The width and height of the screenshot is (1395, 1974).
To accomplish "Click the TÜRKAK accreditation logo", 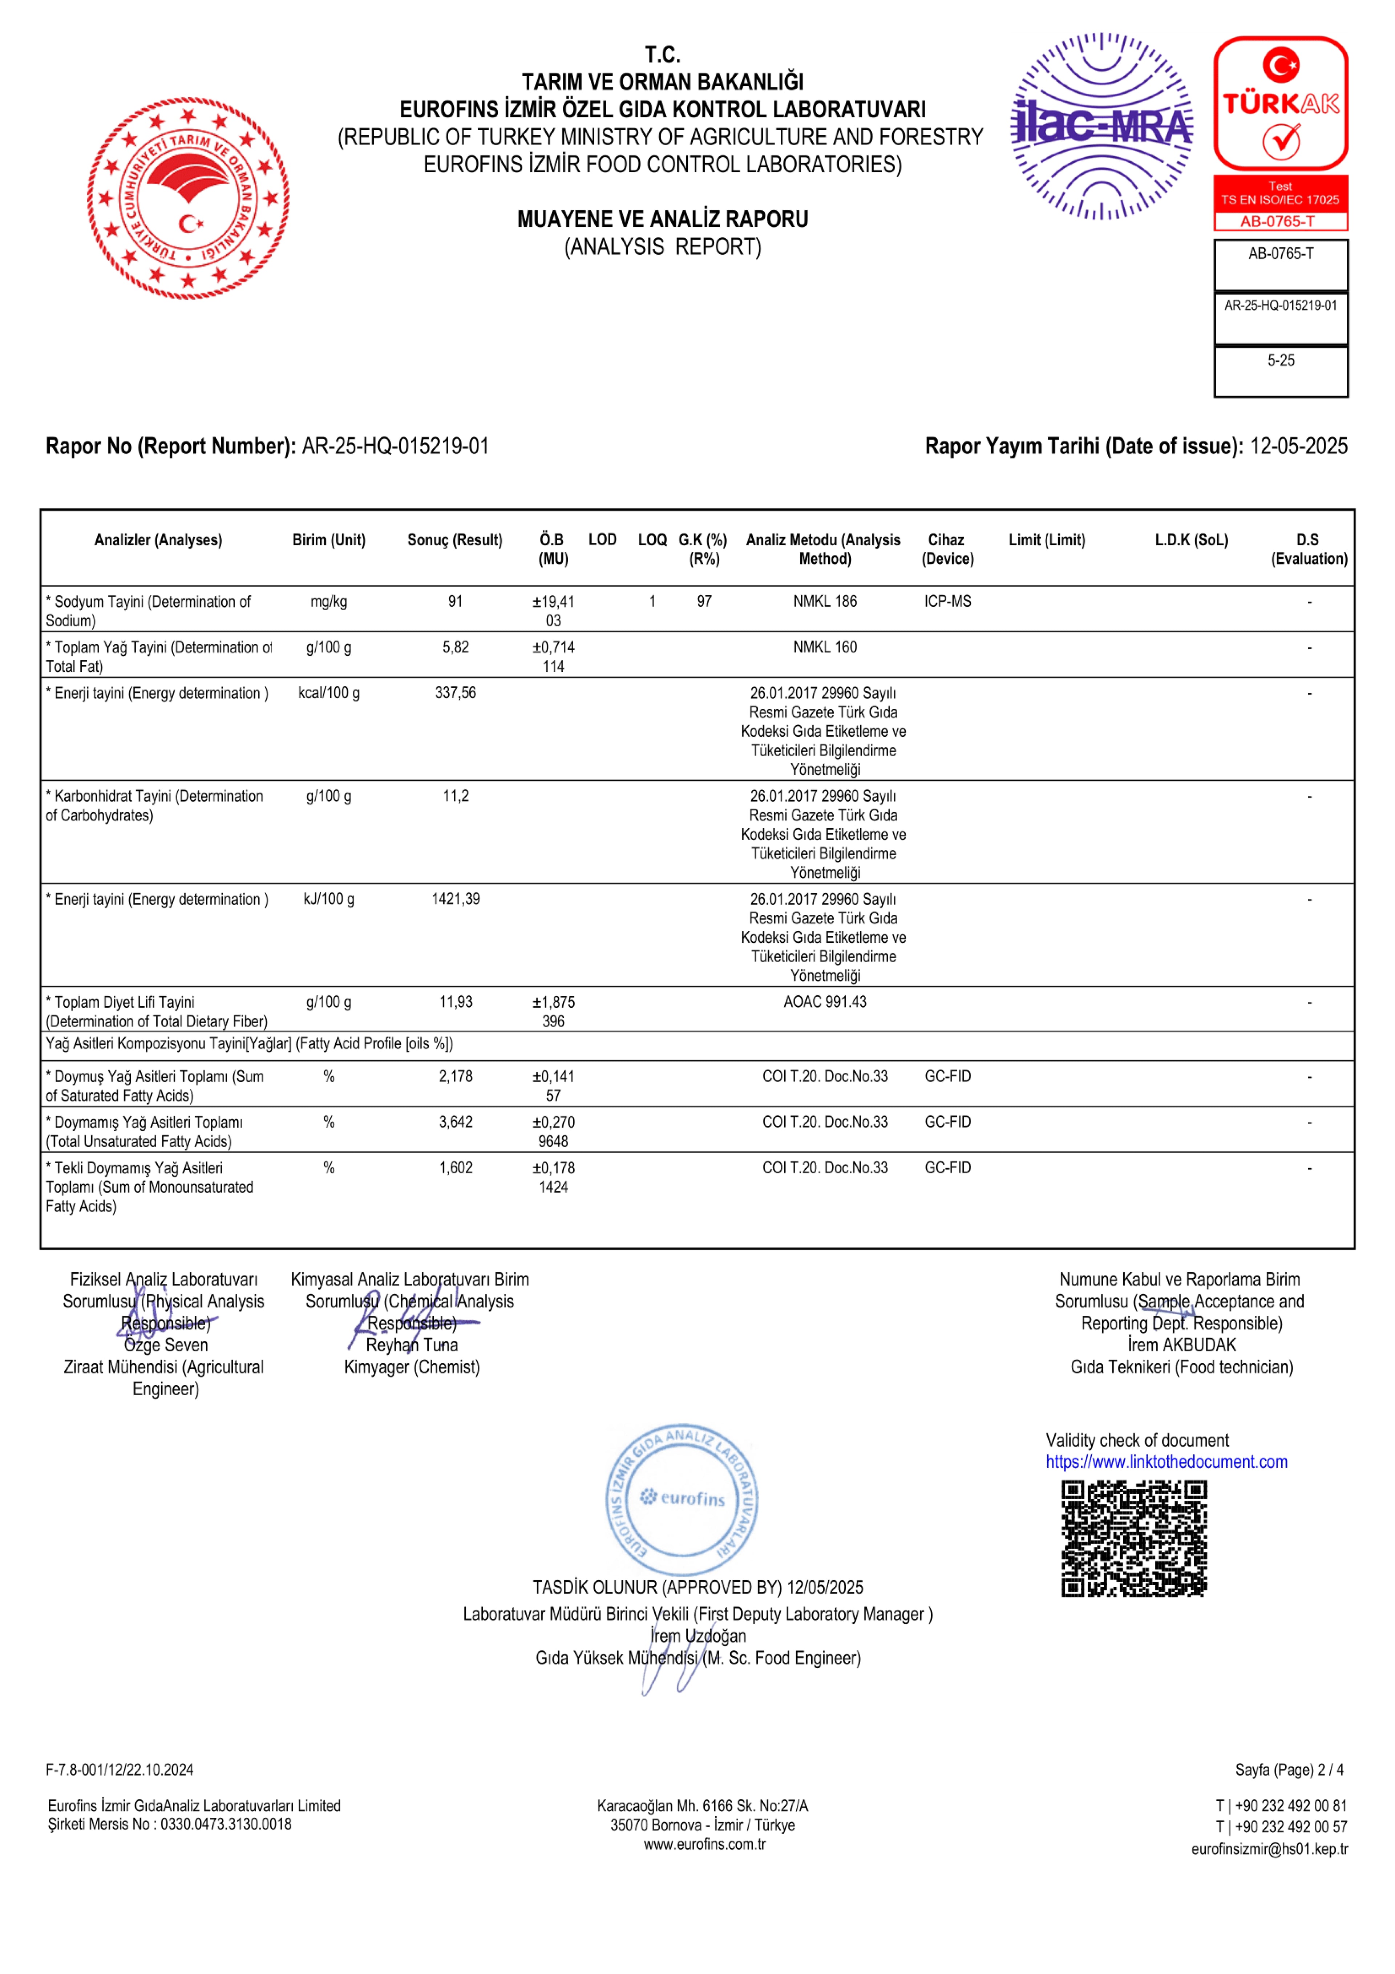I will click(x=1281, y=103).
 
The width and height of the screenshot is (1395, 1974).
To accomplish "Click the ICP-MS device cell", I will click(x=948, y=602).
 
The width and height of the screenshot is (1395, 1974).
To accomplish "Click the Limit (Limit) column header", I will click(x=1047, y=540).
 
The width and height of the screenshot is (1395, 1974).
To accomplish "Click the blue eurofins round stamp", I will click(x=682, y=1500).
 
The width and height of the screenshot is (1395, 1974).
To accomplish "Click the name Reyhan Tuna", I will click(x=412, y=1346).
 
